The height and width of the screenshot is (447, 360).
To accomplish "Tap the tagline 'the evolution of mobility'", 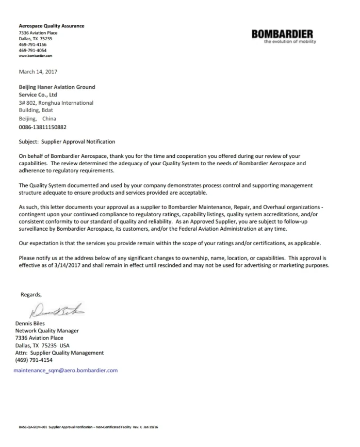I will (290, 42).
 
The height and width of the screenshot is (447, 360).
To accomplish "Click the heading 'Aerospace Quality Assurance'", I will (51, 26).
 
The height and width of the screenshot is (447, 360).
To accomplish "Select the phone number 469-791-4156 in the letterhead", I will (31, 44).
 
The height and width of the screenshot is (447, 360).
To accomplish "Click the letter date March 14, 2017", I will (38, 72).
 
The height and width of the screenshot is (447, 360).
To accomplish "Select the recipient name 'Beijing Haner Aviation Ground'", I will (57, 87).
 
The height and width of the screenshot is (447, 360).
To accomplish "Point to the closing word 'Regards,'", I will (31, 295).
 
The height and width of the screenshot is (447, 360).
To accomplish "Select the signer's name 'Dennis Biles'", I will (30, 324).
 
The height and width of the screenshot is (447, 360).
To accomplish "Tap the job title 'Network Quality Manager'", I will (47, 331).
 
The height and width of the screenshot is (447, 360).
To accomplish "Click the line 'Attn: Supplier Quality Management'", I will (59, 353).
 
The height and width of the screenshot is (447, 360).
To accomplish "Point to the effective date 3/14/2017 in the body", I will (72, 266).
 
